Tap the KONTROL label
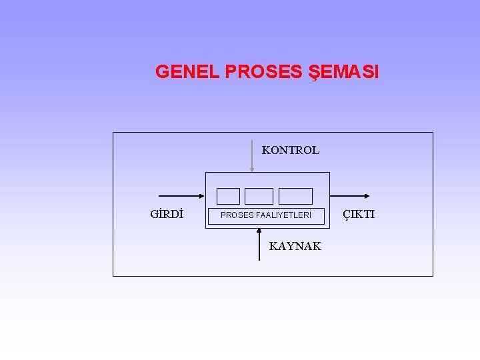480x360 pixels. [x=291, y=151]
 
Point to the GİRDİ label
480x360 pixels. [x=167, y=215]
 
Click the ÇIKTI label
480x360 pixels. [x=359, y=215]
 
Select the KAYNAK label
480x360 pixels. [x=295, y=247]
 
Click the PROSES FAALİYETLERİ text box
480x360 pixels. [x=266, y=215]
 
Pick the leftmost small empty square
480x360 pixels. [x=228, y=196]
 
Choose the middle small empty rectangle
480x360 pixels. [x=259, y=196]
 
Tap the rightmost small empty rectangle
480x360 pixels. [x=295, y=196]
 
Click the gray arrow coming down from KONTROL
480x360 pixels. [x=251, y=157]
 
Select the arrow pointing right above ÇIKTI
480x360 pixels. [x=351, y=196]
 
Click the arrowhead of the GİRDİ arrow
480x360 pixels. [x=201, y=196]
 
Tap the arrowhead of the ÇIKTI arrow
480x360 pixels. [x=366, y=196]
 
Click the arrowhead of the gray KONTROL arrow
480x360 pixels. [x=251, y=169]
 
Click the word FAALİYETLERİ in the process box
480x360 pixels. [x=284, y=215]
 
